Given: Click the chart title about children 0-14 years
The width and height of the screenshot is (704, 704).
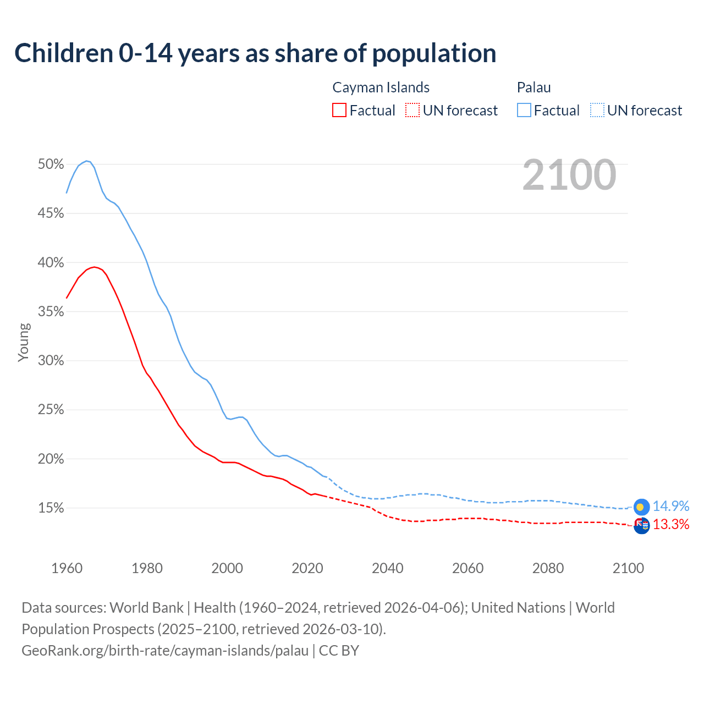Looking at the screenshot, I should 255,53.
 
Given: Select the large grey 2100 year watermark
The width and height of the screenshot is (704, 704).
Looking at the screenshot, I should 569,175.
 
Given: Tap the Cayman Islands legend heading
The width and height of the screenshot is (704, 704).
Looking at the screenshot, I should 381,87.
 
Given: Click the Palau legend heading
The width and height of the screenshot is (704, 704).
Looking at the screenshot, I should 533,87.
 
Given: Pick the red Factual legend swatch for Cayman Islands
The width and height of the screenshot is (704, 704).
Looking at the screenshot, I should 339,111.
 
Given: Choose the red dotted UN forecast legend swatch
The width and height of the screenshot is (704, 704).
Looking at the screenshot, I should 413,111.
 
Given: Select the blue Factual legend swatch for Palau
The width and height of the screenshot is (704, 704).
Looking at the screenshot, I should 524,111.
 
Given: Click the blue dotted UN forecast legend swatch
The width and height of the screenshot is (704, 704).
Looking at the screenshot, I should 597,111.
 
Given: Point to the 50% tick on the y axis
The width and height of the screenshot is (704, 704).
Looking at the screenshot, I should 51,164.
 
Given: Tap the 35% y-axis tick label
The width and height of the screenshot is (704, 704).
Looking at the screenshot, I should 51,312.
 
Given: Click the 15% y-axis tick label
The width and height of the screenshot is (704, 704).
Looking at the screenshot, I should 51,508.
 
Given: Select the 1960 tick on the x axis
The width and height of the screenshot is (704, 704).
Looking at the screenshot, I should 67,568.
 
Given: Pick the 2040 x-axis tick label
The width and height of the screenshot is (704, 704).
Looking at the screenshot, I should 388,568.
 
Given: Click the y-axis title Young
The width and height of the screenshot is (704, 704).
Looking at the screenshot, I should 23,342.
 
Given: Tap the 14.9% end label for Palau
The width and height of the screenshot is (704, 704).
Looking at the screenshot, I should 671,506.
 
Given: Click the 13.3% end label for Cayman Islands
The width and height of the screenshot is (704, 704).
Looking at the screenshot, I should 671,524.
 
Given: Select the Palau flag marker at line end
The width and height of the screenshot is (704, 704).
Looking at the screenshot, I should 642,507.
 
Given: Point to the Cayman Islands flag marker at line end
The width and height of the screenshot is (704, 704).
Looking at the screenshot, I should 642,525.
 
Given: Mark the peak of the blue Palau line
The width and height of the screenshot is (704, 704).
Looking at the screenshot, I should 86,161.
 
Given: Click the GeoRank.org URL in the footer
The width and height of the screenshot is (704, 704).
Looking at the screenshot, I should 165,651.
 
